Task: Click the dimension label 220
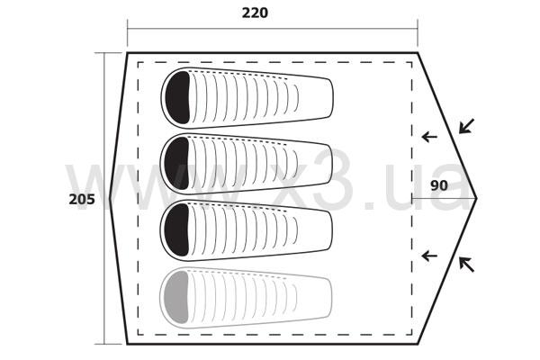point(255,13)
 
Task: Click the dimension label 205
point(82,200)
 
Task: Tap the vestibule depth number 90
point(439,185)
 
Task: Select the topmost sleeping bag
point(247,97)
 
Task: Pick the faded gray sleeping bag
point(247,297)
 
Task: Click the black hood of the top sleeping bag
point(177,97)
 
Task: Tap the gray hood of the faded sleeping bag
point(176,297)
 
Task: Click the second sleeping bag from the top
point(247,164)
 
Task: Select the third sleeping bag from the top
point(247,230)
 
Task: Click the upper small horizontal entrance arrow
point(429,137)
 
